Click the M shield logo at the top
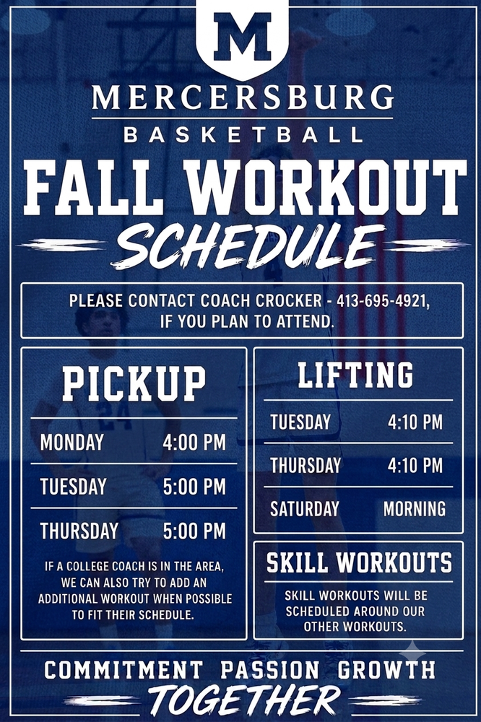(243, 37)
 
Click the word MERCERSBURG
(243, 97)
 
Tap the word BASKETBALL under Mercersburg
(243, 135)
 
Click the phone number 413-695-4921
(383, 301)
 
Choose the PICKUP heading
(134, 383)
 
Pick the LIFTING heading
(355, 374)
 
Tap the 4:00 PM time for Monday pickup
(194, 442)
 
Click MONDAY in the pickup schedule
(72, 442)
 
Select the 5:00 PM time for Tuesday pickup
(194, 487)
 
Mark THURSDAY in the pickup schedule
(79, 531)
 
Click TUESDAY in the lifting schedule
(300, 422)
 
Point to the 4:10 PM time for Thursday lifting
(415, 465)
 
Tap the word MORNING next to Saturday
(415, 509)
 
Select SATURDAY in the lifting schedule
(305, 509)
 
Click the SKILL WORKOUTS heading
(360, 562)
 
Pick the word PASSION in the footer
(270, 669)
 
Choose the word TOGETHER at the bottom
(244, 701)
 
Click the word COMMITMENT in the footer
(123, 669)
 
